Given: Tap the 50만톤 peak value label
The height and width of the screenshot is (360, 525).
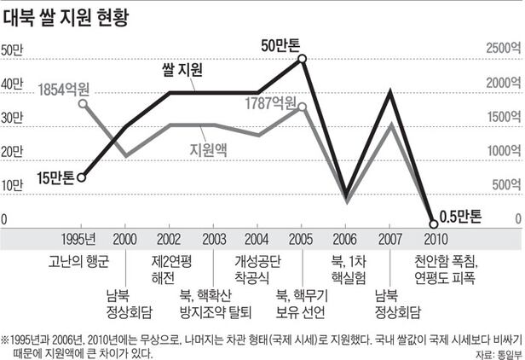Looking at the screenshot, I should pyautogui.click(x=281, y=43).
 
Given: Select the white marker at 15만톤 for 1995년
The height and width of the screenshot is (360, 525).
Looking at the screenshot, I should pyautogui.click(x=81, y=177).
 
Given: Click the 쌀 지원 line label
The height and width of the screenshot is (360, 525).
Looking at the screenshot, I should pyautogui.click(x=182, y=73).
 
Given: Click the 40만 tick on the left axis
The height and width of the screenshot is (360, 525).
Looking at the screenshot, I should pyautogui.click(x=12, y=84).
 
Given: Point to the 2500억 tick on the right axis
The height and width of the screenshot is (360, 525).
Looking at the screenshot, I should pyautogui.click(x=504, y=49).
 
